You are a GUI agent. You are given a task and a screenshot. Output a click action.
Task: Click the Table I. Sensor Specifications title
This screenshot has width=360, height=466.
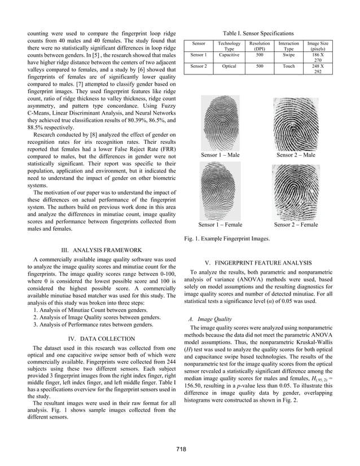[x=259, y=34]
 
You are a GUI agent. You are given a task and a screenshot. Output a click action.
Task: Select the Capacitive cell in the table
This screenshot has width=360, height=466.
[x=230, y=55]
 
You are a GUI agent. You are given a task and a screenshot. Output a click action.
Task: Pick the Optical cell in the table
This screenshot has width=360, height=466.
[x=230, y=67]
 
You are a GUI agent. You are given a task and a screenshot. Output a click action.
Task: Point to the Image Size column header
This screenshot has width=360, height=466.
[x=318, y=46]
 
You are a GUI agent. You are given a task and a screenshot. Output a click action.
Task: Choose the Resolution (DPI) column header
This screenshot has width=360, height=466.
[x=260, y=46]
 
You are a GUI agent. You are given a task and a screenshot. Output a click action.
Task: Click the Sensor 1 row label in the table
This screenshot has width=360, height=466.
[x=199, y=55]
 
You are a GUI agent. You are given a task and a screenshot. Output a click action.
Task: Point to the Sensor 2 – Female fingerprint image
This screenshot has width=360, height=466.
[x=296, y=191]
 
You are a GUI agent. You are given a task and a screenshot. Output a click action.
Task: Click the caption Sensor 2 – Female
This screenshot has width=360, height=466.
[x=296, y=225]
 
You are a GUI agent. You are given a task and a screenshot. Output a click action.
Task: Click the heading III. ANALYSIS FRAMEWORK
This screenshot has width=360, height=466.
[x=101, y=250]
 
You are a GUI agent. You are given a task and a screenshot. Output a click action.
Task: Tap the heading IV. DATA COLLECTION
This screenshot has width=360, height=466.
[x=101, y=338]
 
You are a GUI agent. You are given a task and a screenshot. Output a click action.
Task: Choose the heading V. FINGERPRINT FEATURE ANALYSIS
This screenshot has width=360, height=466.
[x=258, y=263]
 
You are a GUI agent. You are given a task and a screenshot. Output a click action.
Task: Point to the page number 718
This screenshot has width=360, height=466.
[x=180, y=449]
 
